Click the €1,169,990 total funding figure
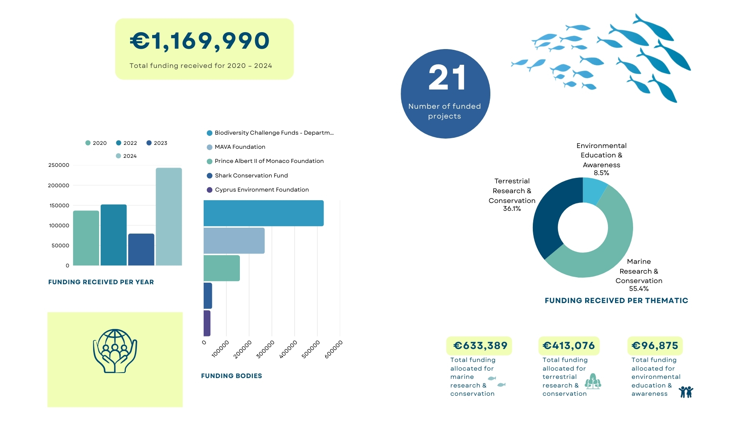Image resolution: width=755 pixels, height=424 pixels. (x=200, y=41)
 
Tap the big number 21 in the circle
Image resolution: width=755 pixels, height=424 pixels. (x=447, y=77)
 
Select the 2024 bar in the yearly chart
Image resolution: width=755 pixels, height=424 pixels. (x=169, y=216)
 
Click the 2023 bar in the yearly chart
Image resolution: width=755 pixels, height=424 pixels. (x=141, y=249)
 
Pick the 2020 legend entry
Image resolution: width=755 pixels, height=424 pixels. (x=96, y=143)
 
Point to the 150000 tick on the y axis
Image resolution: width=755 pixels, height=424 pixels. (x=59, y=205)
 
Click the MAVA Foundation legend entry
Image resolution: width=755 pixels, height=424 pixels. (x=239, y=147)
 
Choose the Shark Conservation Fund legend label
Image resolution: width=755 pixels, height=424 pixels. (x=251, y=175)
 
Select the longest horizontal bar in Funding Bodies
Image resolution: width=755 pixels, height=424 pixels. (x=263, y=213)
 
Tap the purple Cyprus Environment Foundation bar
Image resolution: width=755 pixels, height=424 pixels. (x=207, y=323)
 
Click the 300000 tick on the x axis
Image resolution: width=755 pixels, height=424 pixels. (x=266, y=349)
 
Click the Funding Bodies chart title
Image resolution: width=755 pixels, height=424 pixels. (x=231, y=376)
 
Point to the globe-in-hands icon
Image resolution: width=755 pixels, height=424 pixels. (x=115, y=351)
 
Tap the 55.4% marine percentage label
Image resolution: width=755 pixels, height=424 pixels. (x=639, y=289)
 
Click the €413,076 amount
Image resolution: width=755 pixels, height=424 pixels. (x=569, y=345)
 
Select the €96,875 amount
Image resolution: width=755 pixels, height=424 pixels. (x=655, y=345)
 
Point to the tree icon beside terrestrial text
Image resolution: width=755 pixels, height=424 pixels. (x=593, y=381)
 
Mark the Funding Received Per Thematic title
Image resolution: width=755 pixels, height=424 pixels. (x=616, y=300)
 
